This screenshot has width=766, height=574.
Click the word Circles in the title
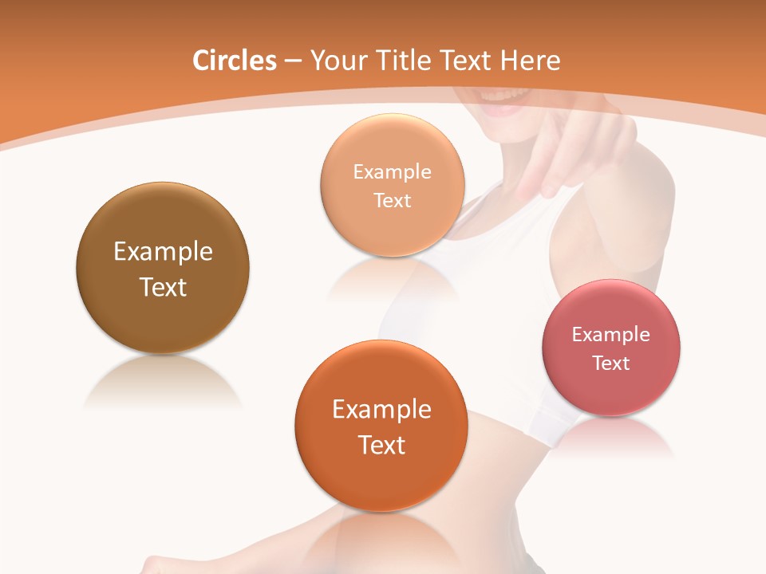pos(235,61)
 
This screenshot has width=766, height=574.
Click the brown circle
pos(163,319)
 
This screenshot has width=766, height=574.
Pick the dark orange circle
pos(381,478)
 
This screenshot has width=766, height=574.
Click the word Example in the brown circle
pos(163,252)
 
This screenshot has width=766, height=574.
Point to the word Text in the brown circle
pos(163,287)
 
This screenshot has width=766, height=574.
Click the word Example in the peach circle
pos(393,171)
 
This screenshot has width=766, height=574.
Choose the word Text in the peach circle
pos(393,200)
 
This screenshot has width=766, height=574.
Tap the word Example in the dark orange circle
pos(381,410)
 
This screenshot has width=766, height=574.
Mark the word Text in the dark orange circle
pos(381,445)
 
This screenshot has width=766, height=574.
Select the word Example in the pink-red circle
pos(611,334)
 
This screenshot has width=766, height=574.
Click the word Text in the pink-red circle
pos(611,363)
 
